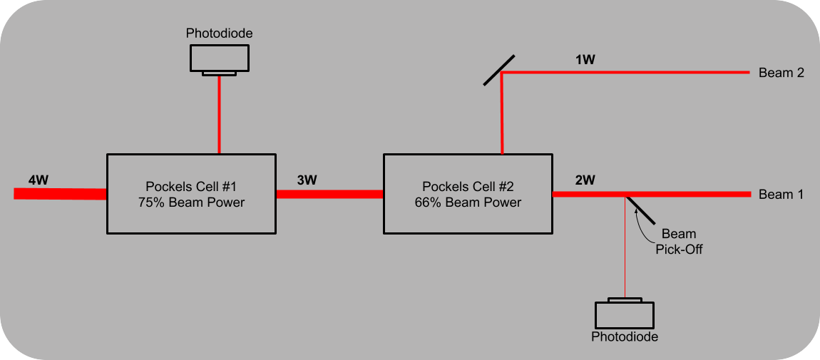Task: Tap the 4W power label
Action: point(39,180)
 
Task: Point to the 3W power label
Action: point(307,180)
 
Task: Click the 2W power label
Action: point(585,180)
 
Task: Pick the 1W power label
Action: point(585,60)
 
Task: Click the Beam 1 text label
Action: point(781,195)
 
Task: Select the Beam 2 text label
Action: point(781,73)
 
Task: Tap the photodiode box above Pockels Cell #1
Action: point(219,58)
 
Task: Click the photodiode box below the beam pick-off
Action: point(624,314)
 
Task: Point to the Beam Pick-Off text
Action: point(679,242)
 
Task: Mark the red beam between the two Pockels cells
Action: point(329,194)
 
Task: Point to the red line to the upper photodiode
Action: point(219,114)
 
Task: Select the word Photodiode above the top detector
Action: point(219,34)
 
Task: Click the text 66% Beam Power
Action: point(467,202)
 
